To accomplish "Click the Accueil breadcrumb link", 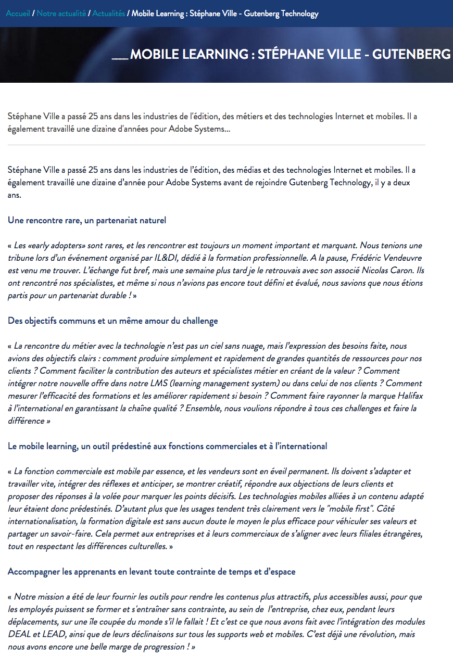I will point(18,14).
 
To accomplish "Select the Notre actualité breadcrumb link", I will point(61,14).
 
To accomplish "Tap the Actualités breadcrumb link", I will point(108,14).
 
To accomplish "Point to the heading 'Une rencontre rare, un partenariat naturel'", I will point(87,220).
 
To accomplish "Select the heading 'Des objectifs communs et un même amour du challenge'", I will point(112,321).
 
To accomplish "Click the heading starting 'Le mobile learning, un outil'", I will point(167,446).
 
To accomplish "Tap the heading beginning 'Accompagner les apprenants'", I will point(152,572).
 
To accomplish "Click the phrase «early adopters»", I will point(56,245).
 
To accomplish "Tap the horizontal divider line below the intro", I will point(217,145).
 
